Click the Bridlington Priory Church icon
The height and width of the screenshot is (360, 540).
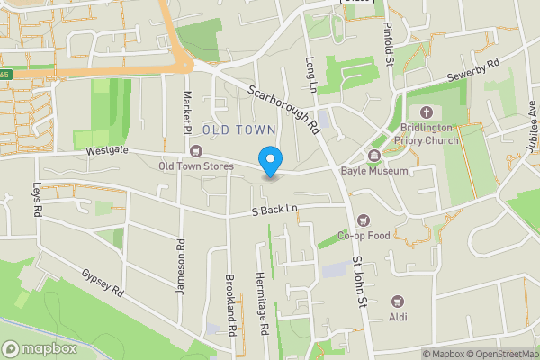coord(427,112)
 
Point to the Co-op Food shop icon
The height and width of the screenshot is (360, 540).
coord(364,220)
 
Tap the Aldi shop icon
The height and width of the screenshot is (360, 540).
coord(397,301)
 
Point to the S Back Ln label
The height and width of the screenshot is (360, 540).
coord(274,209)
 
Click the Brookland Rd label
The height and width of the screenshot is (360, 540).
coord(230,304)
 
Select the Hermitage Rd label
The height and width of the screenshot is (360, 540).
coord(261,303)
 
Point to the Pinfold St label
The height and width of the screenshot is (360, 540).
coord(390,44)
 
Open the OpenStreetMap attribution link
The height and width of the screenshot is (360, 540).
coord(499,353)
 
